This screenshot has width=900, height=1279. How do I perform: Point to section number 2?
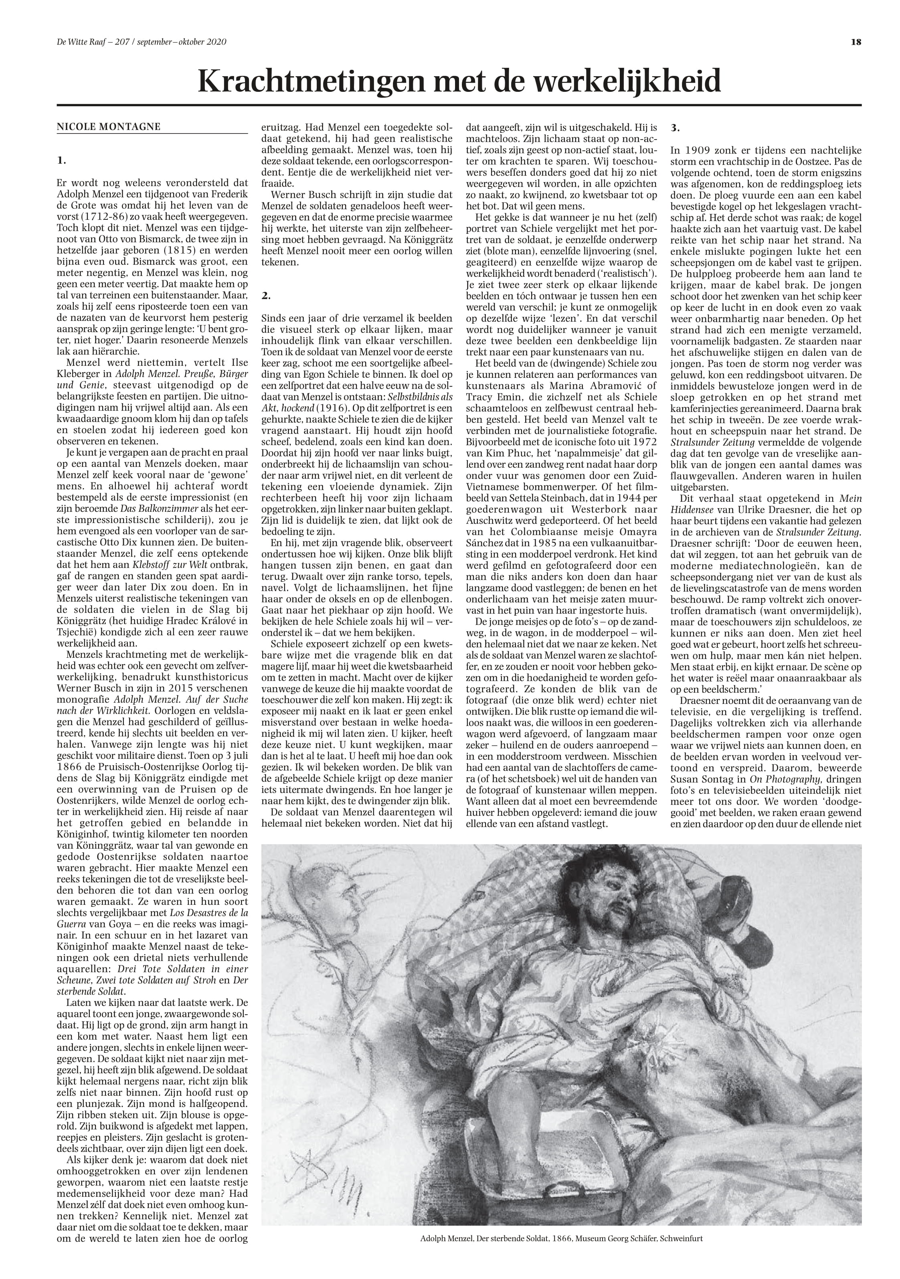[x=266, y=296]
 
